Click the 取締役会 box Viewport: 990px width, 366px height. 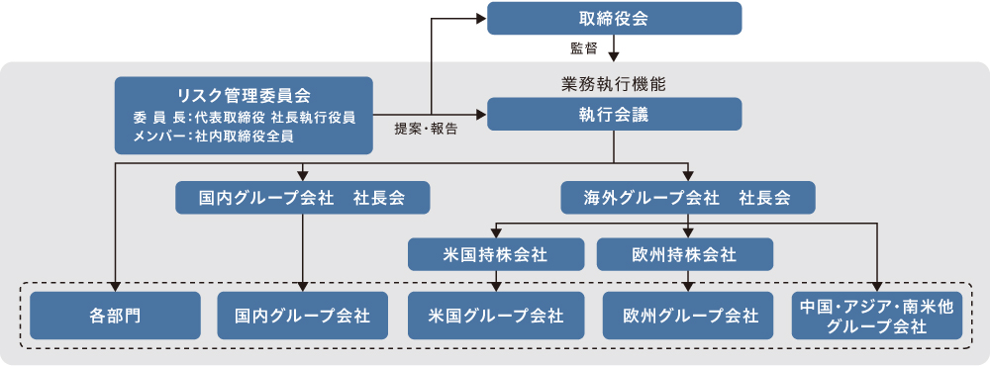614,18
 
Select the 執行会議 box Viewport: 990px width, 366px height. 614,114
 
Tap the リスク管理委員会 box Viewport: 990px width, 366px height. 244,116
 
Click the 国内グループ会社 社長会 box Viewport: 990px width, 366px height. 303,198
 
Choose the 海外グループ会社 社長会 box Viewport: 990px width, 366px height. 688,198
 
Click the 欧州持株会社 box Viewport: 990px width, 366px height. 684,254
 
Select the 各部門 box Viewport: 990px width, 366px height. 115,317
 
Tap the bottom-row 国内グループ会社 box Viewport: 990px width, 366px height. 303,317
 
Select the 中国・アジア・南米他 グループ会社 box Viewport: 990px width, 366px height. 877,317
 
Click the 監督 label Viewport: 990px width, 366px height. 584,47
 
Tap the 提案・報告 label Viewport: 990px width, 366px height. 426,129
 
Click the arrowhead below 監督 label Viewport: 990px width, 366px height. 614,55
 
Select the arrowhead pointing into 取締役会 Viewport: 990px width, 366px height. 481,18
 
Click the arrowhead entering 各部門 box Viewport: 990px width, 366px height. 115,287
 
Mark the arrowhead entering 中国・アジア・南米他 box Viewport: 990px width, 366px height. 877,287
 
